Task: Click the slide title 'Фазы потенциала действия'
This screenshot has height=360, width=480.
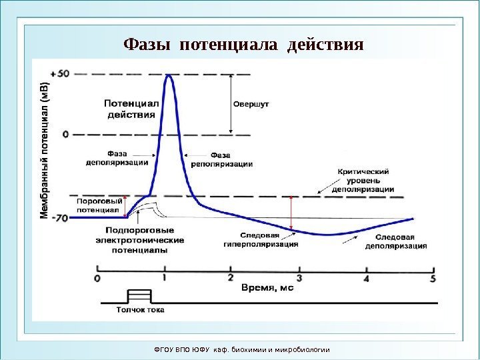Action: click(x=243, y=45)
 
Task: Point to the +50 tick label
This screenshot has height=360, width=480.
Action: click(x=59, y=73)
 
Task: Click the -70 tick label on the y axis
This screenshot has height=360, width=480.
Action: click(x=59, y=218)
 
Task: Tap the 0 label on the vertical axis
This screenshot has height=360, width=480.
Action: click(x=65, y=134)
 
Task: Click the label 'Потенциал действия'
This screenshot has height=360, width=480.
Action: click(x=131, y=109)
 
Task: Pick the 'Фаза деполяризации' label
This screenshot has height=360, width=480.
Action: click(x=117, y=156)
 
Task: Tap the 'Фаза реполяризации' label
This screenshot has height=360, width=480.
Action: click(x=222, y=159)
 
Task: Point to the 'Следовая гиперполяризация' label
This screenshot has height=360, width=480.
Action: click(x=260, y=239)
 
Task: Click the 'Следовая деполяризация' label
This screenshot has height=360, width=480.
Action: click(x=396, y=241)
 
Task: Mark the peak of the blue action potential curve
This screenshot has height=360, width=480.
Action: click(x=169, y=75)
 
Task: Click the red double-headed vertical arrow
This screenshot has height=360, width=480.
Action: click(x=291, y=214)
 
